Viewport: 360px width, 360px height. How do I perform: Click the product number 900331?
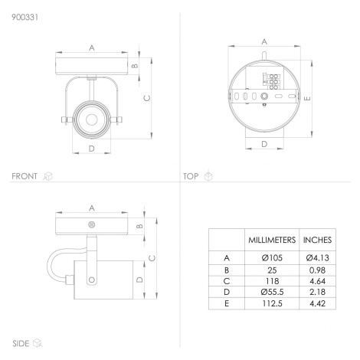[25, 17]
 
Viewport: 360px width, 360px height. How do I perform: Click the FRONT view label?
[25, 176]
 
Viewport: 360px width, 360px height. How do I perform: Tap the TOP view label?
[191, 176]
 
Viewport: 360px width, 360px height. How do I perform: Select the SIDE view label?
[21, 343]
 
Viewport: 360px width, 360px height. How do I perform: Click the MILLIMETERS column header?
[272, 240]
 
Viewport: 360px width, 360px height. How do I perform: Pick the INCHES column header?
[317, 240]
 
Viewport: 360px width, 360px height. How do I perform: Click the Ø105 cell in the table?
[272, 258]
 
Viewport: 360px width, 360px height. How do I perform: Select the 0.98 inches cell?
[317, 270]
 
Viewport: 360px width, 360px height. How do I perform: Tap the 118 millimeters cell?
[272, 281]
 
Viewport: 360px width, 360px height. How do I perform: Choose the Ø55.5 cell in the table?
[272, 292]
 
